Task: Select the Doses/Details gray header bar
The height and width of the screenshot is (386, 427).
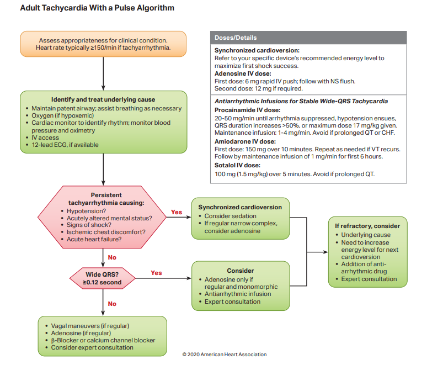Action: click(308, 38)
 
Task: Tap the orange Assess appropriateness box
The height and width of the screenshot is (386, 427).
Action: click(104, 44)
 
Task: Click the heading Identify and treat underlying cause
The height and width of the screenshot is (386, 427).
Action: click(104, 99)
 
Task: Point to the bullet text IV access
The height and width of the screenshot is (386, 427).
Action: click(46, 138)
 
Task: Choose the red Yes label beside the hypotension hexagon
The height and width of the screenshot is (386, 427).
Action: click(177, 212)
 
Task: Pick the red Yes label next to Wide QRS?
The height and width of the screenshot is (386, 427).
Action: click(156, 273)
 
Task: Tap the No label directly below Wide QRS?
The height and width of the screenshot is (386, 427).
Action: click(112, 304)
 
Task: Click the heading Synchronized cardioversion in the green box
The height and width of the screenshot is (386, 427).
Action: click(240, 207)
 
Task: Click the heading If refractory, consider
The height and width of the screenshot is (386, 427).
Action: click(367, 226)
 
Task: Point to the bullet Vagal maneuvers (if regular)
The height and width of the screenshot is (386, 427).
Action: click(90, 326)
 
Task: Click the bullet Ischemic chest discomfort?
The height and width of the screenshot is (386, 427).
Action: click(106, 232)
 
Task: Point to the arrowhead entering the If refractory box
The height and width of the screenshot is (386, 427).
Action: click(325, 252)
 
